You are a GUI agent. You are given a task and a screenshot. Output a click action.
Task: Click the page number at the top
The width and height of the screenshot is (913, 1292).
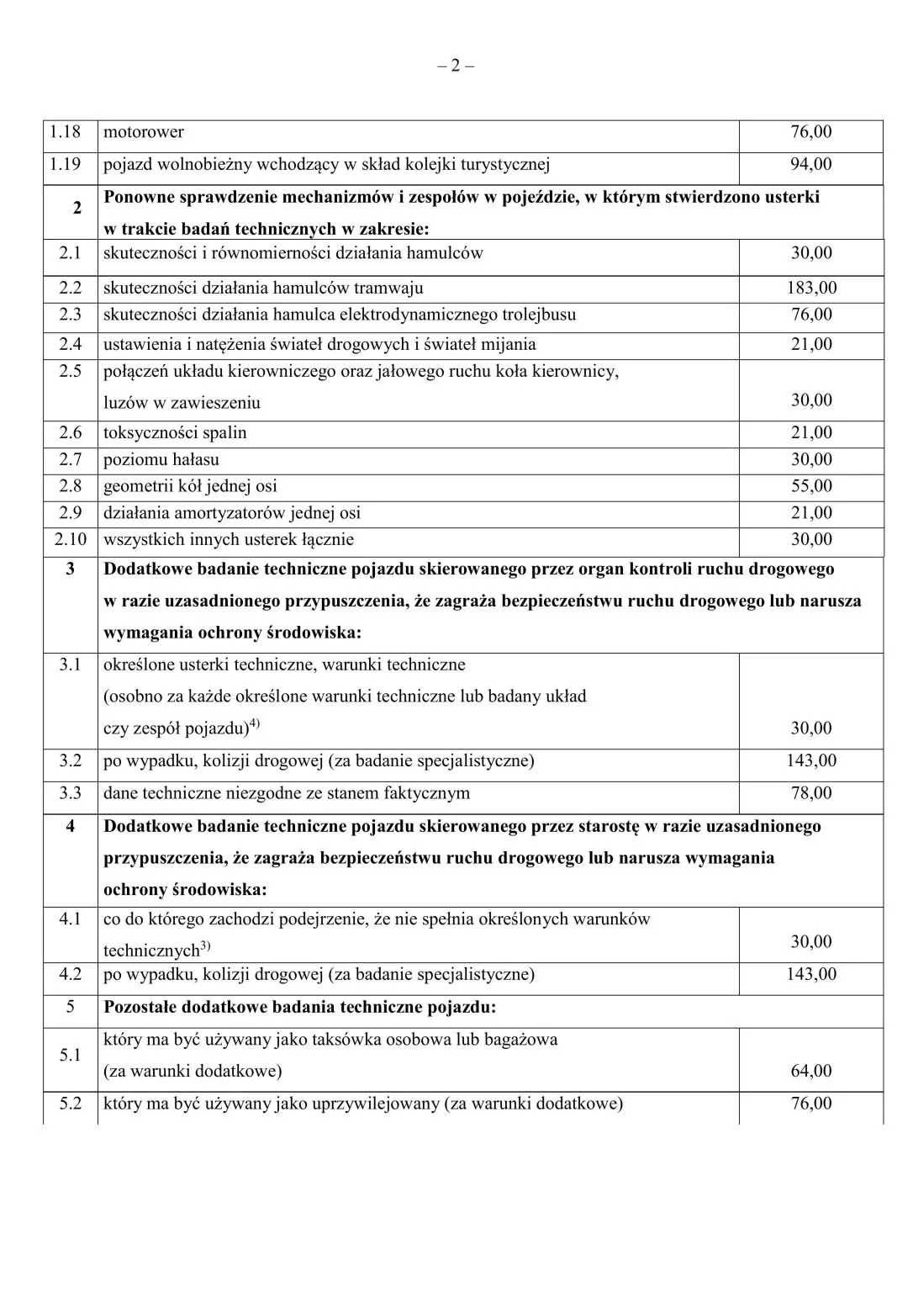coord(456,66)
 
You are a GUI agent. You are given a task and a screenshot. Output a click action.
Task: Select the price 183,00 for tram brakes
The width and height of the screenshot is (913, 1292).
coord(811,288)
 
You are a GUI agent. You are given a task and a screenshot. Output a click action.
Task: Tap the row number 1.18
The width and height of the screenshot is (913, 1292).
coord(66,132)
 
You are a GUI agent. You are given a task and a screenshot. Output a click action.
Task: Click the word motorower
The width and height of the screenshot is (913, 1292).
coord(143,132)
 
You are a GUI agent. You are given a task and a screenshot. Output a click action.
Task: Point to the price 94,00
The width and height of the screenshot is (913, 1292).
coord(811,164)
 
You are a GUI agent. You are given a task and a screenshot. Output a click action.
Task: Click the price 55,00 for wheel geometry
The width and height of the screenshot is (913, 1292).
coord(811,486)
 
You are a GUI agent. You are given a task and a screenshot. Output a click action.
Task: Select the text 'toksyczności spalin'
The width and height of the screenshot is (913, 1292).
coord(175,432)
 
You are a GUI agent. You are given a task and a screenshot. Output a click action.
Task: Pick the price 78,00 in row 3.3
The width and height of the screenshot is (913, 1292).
coord(811,793)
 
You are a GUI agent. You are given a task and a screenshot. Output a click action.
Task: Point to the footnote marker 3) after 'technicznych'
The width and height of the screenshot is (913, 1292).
coord(205,947)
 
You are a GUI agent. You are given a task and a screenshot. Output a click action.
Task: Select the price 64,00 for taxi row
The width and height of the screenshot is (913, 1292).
coord(811,1071)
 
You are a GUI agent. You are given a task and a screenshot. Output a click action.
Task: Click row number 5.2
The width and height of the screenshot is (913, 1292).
coord(71,1104)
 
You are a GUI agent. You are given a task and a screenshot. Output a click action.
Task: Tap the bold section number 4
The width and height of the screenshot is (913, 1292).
coord(71,826)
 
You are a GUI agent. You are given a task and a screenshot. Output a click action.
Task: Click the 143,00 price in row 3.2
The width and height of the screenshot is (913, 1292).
coord(811,760)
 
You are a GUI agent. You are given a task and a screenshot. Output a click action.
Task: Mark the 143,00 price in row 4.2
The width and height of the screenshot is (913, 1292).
coord(811,974)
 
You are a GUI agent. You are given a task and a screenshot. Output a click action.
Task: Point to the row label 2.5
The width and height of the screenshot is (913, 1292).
coord(71,371)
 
